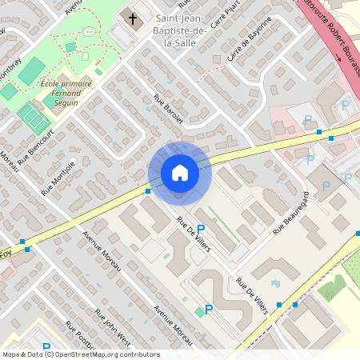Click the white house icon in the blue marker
click(x=179, y=172)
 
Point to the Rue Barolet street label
click(x=168, y=109)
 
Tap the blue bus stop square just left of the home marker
click(x=148, y=191)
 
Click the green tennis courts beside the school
click(x=34, y=118)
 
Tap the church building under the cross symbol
click(x=127, y=31)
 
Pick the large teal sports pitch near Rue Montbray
click(x=31, y=71)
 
